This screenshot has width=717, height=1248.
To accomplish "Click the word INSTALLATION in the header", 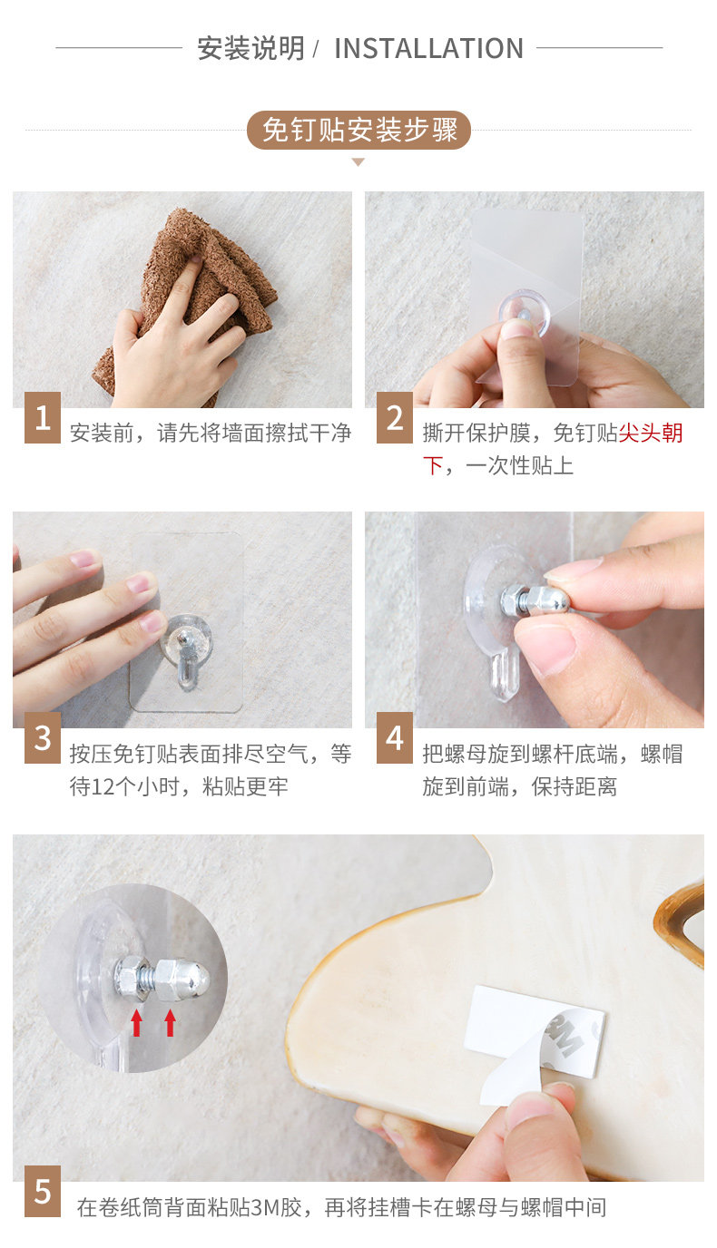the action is coord(428,48).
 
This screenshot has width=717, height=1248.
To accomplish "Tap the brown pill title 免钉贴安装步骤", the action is coord(359,131).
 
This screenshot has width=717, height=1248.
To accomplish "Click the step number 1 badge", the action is coord(43,417).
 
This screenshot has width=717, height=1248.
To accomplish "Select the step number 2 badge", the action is coord(395,417).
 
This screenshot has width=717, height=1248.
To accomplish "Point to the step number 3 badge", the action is coord(43,737).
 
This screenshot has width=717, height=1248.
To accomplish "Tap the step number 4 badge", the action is coord(395,737).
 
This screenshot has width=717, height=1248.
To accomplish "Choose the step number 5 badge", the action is coord(43,1192).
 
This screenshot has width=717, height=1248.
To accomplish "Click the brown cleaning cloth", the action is coord(184,296).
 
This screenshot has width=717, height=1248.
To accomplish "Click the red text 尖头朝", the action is coord(651,433).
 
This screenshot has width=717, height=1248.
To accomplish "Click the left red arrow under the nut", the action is coord(137,1023).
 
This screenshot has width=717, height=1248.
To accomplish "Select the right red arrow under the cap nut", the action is coord(170,1023).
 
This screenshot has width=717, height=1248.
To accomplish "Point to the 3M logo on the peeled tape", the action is coord(565,1035).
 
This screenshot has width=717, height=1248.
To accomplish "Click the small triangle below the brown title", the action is coord(358,162).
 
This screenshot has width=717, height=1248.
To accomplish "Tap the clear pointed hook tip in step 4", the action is coord(505,676).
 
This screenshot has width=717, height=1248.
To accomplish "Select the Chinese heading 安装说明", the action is coord(250,48).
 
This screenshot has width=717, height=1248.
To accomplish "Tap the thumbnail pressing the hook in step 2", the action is coord(516,328).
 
